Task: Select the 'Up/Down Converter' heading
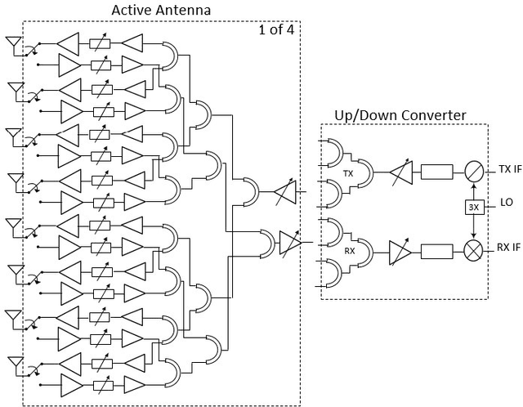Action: pos(400,115)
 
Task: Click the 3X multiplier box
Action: pos(473,207)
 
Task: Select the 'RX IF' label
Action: pos(507,248)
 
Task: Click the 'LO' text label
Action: pos(505,202)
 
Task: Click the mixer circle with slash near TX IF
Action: pos(473,171)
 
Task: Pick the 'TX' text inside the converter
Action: pos(348,173)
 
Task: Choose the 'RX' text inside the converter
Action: pos(348,252)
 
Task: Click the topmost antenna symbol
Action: pos(14,42)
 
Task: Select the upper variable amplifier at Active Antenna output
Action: pos(283,192)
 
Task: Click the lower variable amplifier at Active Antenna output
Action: pos(291,242)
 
